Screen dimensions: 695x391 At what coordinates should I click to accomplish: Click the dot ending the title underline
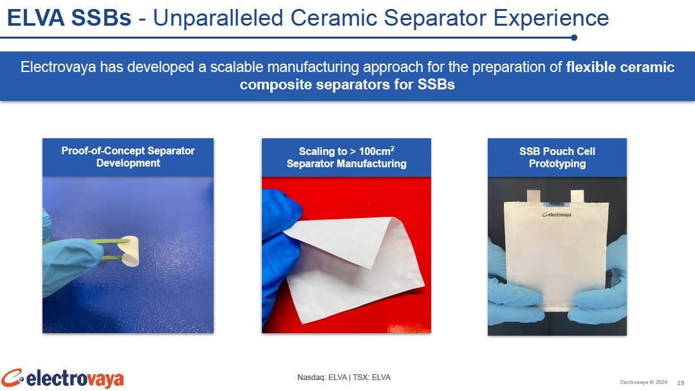574,38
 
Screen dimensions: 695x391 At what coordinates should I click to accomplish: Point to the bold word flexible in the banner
591,67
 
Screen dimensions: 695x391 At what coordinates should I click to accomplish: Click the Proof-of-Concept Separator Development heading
128,157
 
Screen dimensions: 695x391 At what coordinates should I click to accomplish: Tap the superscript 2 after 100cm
393,148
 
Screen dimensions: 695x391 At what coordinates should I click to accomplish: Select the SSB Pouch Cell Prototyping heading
557,157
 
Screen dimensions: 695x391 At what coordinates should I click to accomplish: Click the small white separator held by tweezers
129,251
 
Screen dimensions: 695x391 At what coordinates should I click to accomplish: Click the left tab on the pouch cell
533,196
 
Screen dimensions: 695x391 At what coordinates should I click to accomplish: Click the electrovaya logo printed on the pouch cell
557,215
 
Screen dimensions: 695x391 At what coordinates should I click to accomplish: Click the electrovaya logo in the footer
62,379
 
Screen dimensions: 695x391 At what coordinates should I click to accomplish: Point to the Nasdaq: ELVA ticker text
322,377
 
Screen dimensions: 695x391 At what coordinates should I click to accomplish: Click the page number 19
680,383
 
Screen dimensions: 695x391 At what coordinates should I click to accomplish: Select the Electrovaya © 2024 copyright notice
643,382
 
